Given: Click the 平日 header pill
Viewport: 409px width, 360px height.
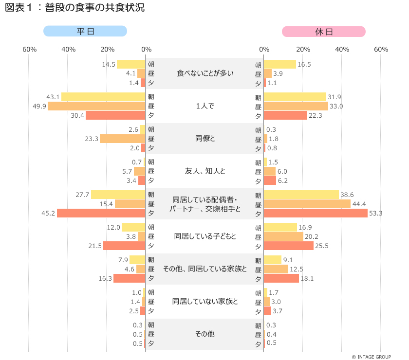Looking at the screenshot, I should click(85, 31).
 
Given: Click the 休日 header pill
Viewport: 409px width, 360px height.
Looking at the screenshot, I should click(324, 31).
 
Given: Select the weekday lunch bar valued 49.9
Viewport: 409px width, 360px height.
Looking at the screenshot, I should click(97, 106).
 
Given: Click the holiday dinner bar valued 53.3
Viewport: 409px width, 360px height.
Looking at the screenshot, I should click(316, 213).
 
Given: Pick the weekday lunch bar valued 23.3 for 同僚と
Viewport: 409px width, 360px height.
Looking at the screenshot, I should click(123, 139).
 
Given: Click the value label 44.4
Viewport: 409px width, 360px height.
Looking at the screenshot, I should click(360, 204).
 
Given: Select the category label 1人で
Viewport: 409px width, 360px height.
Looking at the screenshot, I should click(205, 106).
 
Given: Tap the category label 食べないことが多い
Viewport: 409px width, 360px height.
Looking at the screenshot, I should click(205, 73).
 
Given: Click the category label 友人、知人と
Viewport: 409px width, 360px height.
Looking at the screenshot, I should click(205, 171).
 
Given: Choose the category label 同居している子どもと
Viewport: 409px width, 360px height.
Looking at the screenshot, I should click(205, 236).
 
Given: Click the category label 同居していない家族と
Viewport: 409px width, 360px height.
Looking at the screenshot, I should click(205, 302).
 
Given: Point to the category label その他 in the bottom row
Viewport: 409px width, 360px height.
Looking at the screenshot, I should click(205, 334).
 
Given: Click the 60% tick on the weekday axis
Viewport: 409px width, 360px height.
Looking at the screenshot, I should click(29, 50).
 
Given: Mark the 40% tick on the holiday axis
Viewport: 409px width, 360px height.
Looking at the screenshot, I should click(342, 50).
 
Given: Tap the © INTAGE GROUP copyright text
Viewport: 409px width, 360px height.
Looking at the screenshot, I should click(372, 357).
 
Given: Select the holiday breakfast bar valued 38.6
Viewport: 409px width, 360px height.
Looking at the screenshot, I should click(301, 195).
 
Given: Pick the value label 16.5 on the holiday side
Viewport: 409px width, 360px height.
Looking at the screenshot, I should click(304, 64).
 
